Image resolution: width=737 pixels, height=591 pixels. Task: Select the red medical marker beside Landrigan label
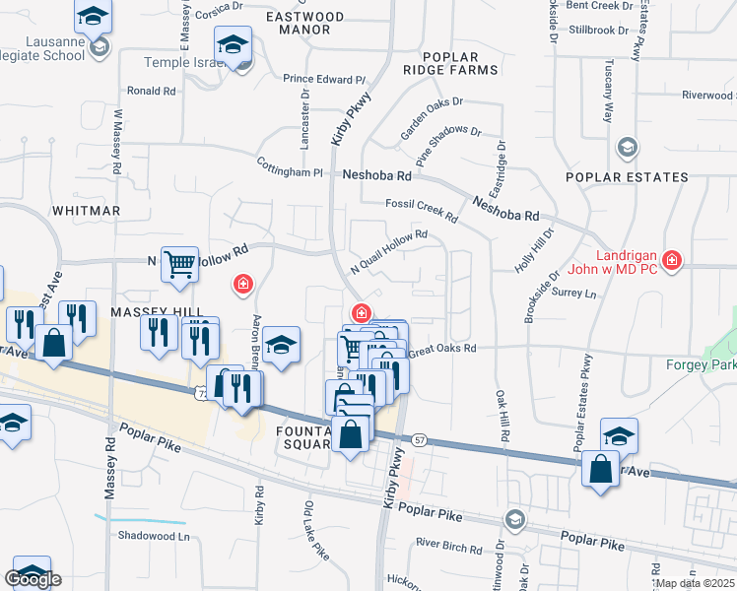[x=672, y=260]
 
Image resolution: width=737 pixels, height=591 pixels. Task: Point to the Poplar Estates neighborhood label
[x=627, y=177]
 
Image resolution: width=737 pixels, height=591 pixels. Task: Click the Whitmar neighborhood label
[x=86, y=211]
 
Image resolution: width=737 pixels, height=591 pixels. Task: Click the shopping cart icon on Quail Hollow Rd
[x=179, y=264]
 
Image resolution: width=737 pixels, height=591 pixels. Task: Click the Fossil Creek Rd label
[x=421, y=209]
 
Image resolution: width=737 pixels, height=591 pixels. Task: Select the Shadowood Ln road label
[x=153, y=537]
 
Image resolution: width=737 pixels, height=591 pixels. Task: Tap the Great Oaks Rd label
[x=441, y=349]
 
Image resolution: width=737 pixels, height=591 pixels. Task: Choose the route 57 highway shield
[x=419, y=438]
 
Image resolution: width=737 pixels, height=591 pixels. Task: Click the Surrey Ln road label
[x=574, y=294]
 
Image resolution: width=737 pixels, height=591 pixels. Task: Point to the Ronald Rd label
[x=151, y=91]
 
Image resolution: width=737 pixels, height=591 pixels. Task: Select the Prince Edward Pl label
[x=324, y=79]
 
